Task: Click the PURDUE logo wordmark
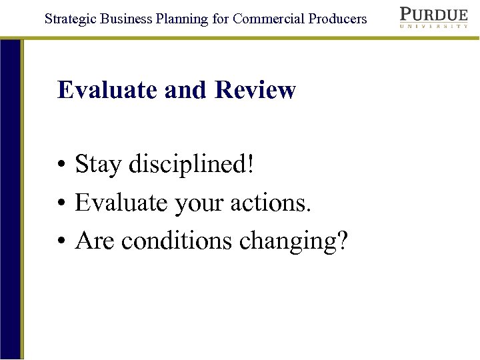(x=433, y=15)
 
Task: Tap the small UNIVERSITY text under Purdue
(x=433, y=27)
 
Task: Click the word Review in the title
(x=255, y=90)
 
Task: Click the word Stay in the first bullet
(x=98, y=164)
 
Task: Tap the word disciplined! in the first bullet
(x=192, y=164)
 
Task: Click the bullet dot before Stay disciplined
(x=61, y=165)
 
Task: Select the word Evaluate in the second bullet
(x=121, y=203)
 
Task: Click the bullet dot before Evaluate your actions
(x=61, y=204)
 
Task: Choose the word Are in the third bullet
(x=95, y=241)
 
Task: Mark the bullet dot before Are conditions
(x=61, y=243)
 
